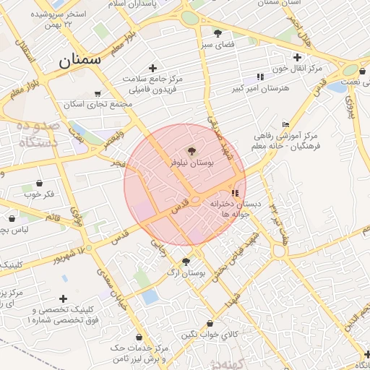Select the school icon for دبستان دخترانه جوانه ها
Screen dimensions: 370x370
(235, 194)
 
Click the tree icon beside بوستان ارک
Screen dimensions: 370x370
(186, 262)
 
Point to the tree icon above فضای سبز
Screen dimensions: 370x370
(218, 33)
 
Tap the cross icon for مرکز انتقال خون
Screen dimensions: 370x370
(297, 57)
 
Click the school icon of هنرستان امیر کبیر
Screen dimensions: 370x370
(259, 77)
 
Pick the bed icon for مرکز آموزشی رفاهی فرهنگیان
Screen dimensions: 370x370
(286, 124)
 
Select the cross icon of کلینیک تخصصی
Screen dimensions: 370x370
(64, 298)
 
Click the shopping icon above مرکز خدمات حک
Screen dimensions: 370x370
(139, 337)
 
